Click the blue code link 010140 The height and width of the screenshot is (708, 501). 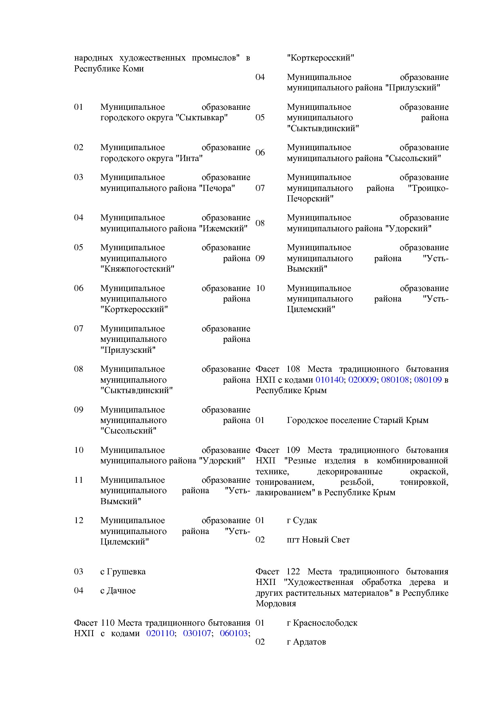[x=329, y=380]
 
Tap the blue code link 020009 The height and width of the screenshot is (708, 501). [x=362, y=380]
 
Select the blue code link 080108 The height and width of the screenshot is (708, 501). [x=395, y=380]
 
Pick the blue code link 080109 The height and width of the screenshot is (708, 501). [x=428, y=380]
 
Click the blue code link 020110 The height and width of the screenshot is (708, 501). [x=160, y=633]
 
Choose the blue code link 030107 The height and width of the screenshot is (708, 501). [x=197, y=633]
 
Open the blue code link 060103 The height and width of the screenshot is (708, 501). [x=234, y=633]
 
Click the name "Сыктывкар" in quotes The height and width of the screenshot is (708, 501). [x=202, y=118]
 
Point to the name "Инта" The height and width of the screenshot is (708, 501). [x=189, y=158]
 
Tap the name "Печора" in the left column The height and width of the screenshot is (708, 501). [x=217, y=188]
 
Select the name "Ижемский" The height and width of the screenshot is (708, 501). [x=223, y=228]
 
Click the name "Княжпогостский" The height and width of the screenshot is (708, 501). [x=137, y=269]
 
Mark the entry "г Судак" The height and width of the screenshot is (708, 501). [x=302, y=521]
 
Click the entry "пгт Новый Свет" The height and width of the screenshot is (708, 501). [x=318, y=540]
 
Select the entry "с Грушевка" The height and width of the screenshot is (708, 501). [x=123, y=572]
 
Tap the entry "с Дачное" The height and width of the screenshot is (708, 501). [x=118, y=591]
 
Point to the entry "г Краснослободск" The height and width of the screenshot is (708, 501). [x=322, y=623]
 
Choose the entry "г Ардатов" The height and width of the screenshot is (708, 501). [x=306, y=642]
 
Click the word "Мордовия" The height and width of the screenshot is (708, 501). [x=276, y=604]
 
